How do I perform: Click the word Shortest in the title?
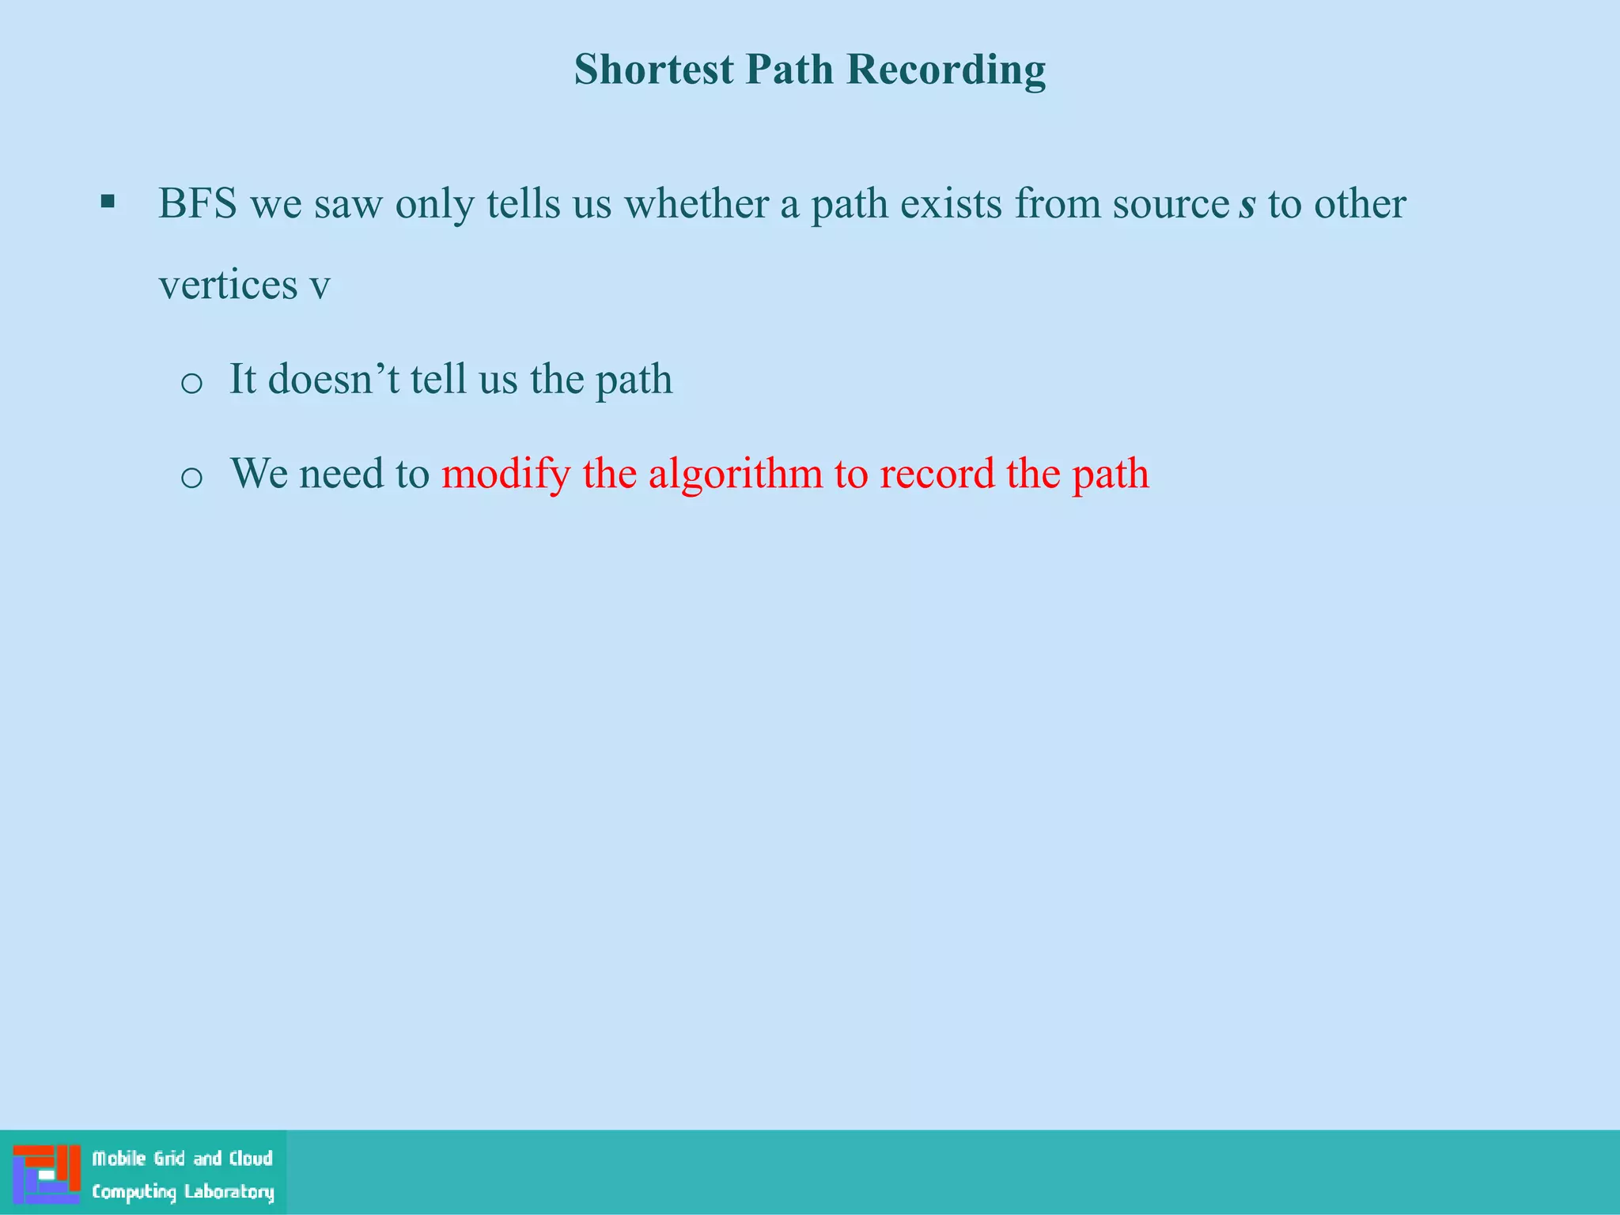tap(653, 70)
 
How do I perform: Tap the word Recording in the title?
tap(946, 70)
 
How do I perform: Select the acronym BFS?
tap(198, 204)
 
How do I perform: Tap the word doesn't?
tap(334, 379)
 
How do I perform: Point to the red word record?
tap(937, 474)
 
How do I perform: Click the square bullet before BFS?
tap(108, 202)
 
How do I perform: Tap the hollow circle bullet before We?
tap(191, 478)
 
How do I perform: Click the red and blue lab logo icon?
tap(47, 1173)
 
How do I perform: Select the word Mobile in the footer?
tap(119, 1159)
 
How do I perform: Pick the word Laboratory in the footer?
tap(229, 1192)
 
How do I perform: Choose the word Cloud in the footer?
tap(251, 1159)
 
